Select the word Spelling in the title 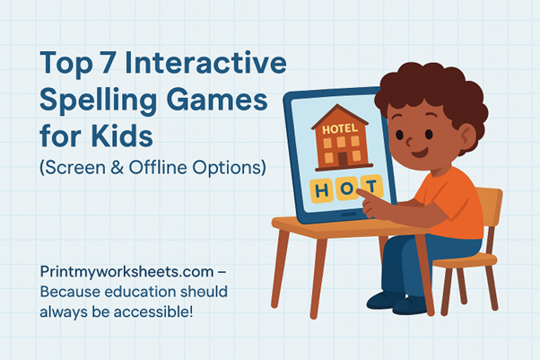pyautogui.click(x=95, y=102)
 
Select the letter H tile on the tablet pyautogui.click(x=322, y=190)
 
